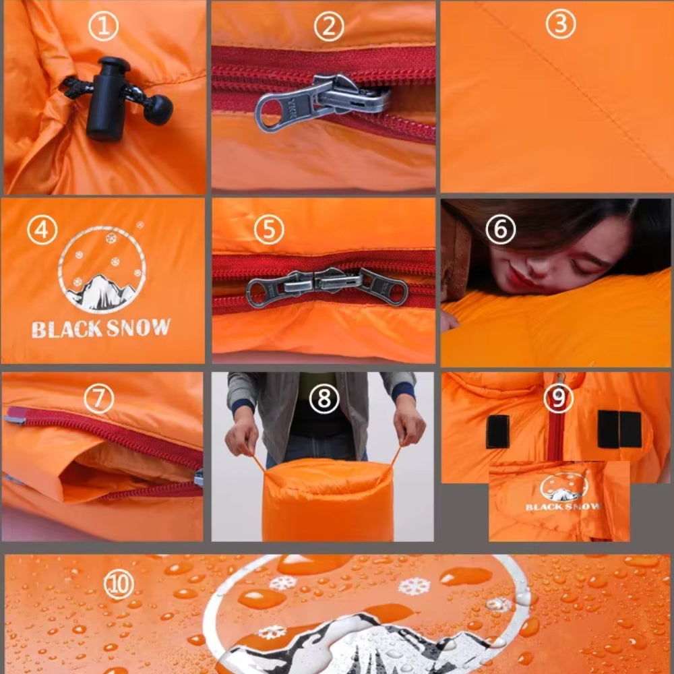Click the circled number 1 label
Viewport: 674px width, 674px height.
[x=103, y=27]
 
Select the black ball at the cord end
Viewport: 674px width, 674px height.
[x=158, y=110]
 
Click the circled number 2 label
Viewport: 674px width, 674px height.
[x=329, y=27]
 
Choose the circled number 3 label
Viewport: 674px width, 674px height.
[x=560, y=24]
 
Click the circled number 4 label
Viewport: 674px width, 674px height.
[x=42, y=231]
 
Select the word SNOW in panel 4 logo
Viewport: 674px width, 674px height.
[x=140, y=328]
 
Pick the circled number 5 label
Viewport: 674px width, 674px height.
[x=269, y=230]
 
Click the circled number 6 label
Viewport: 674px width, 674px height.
[x=500, y=230]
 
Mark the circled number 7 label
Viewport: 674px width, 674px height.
[x=99, y=398]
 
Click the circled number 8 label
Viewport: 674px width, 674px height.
[x=324, y=399]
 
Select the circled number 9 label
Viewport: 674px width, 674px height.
[x=558, y=398]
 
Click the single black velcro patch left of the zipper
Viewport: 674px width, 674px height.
[x=497, y=431]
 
